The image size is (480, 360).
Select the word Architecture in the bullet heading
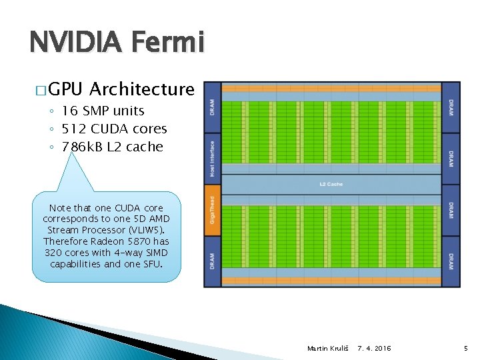(x=141, y=89)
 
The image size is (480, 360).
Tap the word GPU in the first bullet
(x=66, y=89)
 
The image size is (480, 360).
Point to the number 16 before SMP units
(x=69, y=111)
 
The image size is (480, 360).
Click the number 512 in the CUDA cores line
(x=73, y=129)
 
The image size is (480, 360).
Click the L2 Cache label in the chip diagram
(x=331, y=183)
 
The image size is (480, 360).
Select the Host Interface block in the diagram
(x=211, y=158)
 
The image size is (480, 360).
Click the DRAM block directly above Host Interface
(x=211, y=107)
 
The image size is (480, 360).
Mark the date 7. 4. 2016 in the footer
(x=375, y=349)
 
